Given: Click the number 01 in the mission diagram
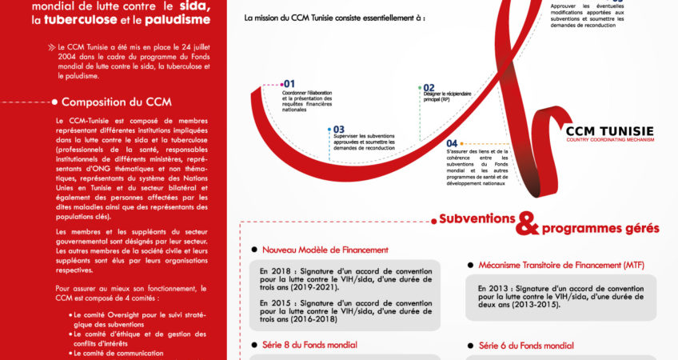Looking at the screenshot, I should pos(289,83).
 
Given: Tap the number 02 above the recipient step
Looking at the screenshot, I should pos(429,88).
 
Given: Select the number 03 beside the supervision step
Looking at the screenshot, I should pos(338,129).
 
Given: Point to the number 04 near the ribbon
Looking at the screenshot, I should pos(453,143).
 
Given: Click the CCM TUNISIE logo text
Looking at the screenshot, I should pos(609,130).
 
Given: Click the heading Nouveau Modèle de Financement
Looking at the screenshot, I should pos(325,250).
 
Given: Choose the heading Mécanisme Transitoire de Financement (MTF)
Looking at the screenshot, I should pos(561,265).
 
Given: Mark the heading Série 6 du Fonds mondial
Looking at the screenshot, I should pos(526,346).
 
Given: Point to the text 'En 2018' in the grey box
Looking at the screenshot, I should pos(273,270).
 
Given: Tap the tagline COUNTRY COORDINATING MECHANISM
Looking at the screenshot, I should pos(609,140).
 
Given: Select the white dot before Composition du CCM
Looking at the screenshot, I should pos(54,102).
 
